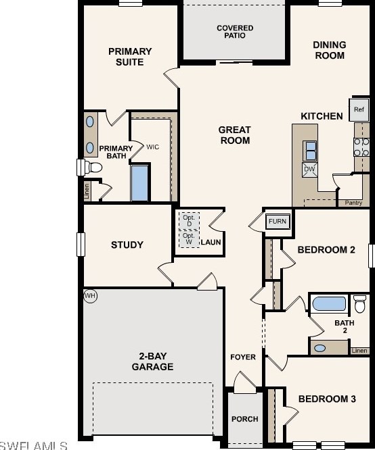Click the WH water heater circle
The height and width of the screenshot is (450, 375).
(90, 295)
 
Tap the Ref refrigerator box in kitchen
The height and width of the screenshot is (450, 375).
(359, 109)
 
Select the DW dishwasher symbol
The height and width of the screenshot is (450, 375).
(309, 170)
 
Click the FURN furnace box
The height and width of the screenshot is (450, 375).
(276, 221)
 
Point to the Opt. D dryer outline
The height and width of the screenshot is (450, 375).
(189, 220)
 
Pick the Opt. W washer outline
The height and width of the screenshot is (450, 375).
(189, 238)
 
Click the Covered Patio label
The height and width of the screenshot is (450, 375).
(235, 32)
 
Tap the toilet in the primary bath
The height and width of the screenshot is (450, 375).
(92, 166)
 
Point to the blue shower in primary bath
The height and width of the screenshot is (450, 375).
(140, 182)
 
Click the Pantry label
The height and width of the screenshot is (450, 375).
(353, 203)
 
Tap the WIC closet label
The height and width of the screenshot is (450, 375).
(153, 146)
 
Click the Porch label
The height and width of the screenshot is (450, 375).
(244, 419)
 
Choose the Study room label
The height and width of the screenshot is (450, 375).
(127, 245)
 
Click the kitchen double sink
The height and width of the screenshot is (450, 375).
(311, 149)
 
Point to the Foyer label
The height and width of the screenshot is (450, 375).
(243, 357)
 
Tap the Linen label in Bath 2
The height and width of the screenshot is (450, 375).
(359, 351)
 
